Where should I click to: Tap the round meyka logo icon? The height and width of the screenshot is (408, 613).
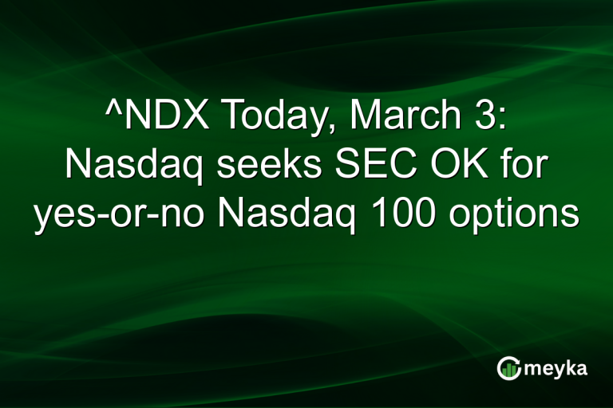508,367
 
